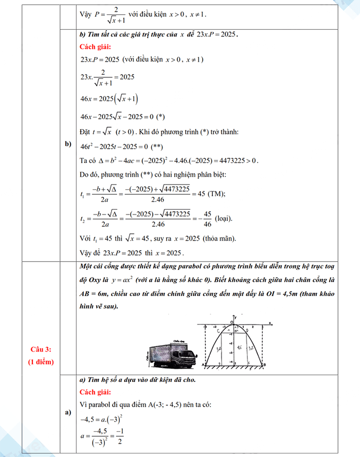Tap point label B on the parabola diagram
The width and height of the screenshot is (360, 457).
pyautogui.click(x=264, y=364)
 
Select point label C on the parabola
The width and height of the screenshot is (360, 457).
pyautogui.click(x=218, y=331)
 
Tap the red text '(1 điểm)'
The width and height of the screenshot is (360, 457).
pyautogui.click(x=41, y=362)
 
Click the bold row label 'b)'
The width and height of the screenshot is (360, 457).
pyautogui.click(x=68, y=143)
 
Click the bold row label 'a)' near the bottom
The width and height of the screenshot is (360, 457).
pyautogui.click(x=68, y=413)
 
